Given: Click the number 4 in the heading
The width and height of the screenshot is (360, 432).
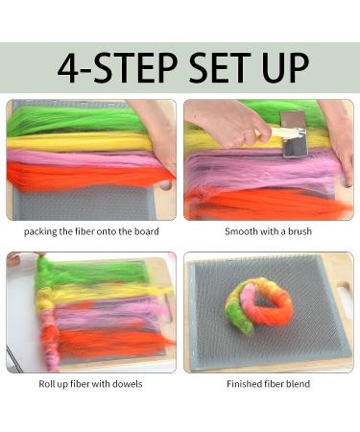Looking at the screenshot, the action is coord(69,68).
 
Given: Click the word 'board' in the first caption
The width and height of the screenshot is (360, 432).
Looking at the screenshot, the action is coord(146,231).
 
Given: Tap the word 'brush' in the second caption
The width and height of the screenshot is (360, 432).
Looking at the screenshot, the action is coord(300,231).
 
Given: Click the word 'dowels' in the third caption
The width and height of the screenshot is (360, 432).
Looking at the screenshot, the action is coord(127,384).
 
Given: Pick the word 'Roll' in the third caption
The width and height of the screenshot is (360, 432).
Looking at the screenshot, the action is coord(46,384).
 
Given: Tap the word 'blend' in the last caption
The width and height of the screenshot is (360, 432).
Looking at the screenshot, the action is coord(298,384).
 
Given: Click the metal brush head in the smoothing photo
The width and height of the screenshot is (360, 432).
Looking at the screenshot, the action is coord(294,134).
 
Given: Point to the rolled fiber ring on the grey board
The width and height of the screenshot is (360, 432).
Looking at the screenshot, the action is coord(259,302).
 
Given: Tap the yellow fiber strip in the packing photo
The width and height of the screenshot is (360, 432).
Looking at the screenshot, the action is coord(79,142).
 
